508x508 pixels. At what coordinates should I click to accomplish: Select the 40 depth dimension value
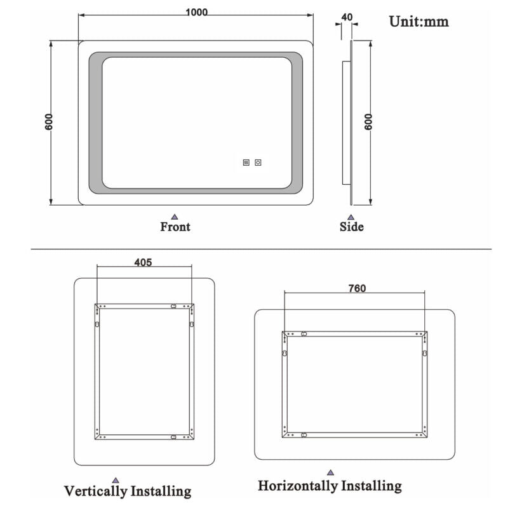[x=347, y=17]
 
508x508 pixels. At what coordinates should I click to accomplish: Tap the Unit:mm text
[x=418, y=22]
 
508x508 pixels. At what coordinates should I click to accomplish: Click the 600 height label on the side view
[x=368, y=122]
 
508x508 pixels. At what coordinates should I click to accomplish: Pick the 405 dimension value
[x=144, y=262]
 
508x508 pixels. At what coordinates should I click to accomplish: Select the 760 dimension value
[x=356, y=288]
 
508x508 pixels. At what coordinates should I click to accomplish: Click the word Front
[x=175, y=227]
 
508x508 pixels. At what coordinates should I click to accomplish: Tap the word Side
[x=351, y=227]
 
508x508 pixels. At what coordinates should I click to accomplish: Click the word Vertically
[x=95, y=491]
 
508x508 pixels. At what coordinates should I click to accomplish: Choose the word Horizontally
[x=297, y=486]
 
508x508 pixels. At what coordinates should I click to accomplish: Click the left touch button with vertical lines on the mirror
[x=246, y=163]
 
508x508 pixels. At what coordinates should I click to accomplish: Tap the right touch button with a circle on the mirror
[x=258, y=163]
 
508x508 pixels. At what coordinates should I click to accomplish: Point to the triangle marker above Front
[x=175, y=217]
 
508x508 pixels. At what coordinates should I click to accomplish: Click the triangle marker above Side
[x=351, y=217]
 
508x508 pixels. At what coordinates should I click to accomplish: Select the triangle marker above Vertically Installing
[x=115, y=479]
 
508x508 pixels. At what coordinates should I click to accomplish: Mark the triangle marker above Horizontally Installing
[x=330, y=473]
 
